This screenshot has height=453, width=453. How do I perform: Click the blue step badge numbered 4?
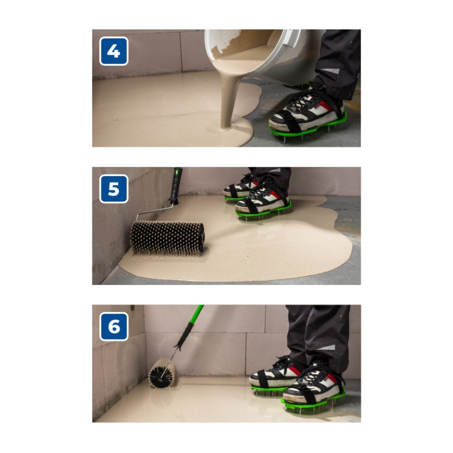pos(114,51)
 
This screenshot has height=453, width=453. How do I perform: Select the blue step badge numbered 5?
pos(114,189)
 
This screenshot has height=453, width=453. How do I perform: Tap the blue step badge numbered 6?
pos(114,327)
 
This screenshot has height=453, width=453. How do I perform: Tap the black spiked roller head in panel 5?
pos(168,238)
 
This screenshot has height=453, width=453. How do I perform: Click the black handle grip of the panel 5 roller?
pos(176,186)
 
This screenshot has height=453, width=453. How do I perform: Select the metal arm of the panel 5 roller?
pos(155,210)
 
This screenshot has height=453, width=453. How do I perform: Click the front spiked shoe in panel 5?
pos(263,202)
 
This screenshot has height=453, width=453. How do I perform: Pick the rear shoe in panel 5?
pos(240,187)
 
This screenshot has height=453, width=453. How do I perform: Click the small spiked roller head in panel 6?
pos(163,373)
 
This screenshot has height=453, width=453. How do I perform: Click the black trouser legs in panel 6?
pos(318,335)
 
